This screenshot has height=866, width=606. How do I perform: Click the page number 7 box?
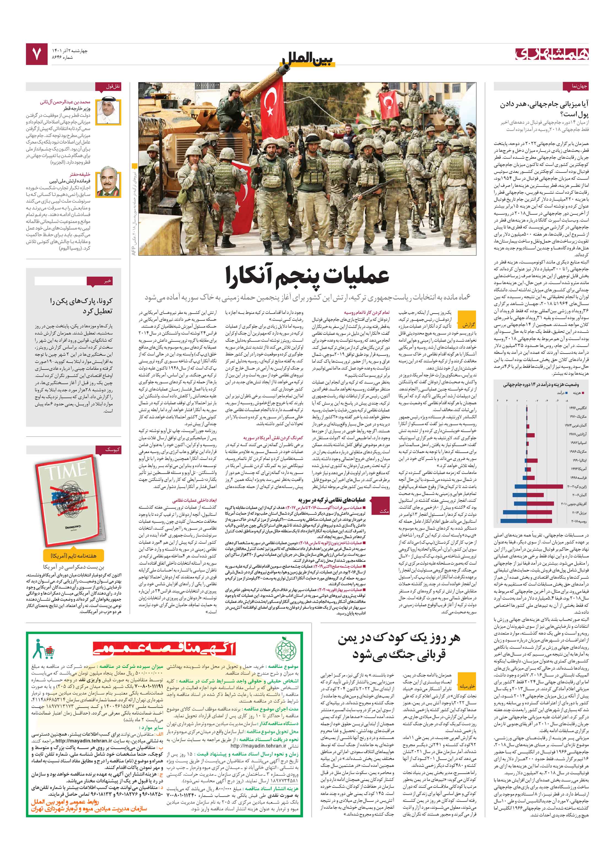point(37,54)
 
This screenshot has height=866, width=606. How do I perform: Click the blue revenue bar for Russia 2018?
point(513,521)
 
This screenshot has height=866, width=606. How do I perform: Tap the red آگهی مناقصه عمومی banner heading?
point(164,648)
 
